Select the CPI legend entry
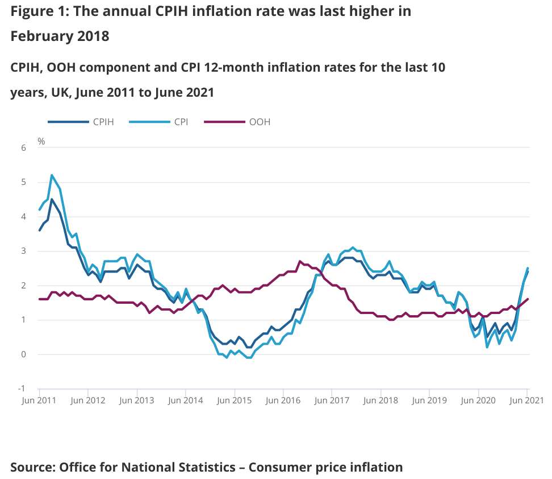(x=182, y=122)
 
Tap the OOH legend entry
(x=260, y=122)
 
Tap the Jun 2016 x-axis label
(x=283, y=400)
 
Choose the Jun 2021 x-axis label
(x=527, y=400)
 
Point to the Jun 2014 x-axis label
(x=186, y=400)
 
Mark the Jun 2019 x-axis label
(x=429, y=400)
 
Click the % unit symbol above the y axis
(x=41, y=141)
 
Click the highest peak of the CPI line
(x=52, y=175)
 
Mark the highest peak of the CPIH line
(x=52, y=199)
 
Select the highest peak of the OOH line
(x=300, y=261)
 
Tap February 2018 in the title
(x=60, y=36)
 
